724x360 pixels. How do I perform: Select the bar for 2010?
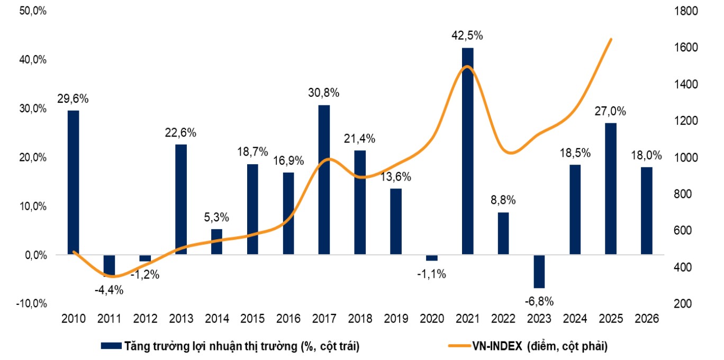(73, 182)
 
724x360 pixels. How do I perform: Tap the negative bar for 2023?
(539, 271)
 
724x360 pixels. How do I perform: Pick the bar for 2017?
(324, 179)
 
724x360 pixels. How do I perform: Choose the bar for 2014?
(216, 241)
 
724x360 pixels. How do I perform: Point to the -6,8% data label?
(539, 301)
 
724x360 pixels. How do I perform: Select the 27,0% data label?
(610, 111)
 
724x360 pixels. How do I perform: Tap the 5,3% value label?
(216, 217)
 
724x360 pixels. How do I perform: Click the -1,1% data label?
(431, 274)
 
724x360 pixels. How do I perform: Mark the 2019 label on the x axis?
(396, 319)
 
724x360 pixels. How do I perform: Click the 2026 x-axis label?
(646, 319)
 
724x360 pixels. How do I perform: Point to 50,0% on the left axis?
(32, 11)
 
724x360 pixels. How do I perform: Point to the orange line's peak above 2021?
(466, 66)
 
